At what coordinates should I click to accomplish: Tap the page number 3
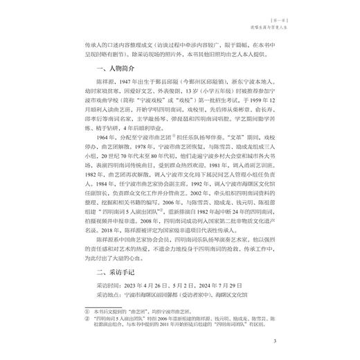(x=276, y=340)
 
